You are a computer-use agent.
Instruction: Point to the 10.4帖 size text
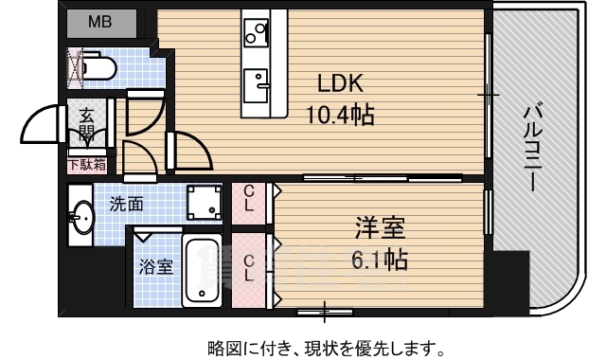pos(339,116)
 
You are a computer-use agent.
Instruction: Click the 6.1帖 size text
pos(380,259)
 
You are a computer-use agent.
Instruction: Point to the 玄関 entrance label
pos(86,123)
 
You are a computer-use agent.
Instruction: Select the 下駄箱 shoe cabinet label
pos(86,165)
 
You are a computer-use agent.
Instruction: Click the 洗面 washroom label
pos(126,203)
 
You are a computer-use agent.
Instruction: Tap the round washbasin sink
pos(80,219)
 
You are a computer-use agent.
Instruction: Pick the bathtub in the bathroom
pos(201,272)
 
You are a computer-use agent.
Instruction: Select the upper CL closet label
pos(249,197)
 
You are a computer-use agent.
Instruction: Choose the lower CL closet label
pos(249,268)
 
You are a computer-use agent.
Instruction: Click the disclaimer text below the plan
pos(325,346)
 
